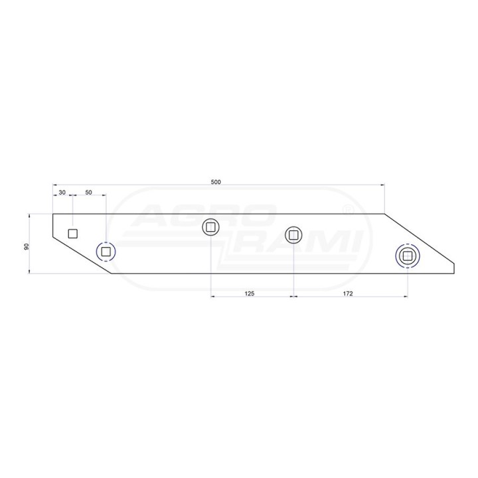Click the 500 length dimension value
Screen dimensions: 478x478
click(216, 182)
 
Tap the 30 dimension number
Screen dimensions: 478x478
click(62, 193)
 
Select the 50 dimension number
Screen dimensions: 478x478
click(88, 193)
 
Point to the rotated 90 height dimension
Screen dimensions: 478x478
click(26, 246)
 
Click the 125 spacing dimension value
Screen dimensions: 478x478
click(250, 293)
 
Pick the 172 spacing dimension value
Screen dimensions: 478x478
click(348, 293)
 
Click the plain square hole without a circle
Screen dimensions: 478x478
click(72, 234)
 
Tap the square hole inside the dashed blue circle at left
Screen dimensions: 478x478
click(106, 252)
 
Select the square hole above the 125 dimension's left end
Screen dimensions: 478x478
click(210, 227)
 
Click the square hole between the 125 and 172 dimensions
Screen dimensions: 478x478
click(293, 235)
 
